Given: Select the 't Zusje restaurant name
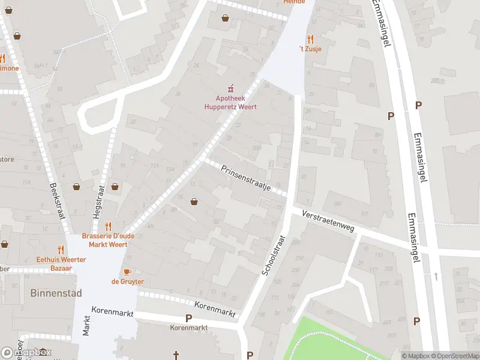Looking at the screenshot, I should (x=311, y=49).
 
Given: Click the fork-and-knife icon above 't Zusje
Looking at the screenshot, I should (x=311, y=37).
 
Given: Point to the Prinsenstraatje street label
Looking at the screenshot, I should (x=246, y=178).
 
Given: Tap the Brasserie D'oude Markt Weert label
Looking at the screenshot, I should (x=108, y=241).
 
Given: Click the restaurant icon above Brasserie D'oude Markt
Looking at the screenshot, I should (x=108, y=226).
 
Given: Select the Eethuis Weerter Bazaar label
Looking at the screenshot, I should (x=61, y=264).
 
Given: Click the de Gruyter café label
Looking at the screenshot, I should (x=127, y=281).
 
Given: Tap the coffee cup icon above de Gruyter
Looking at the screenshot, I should (x=127, y=272).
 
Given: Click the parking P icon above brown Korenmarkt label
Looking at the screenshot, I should (x=188, y=318).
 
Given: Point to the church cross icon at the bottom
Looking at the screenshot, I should (x=176, y=355).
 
